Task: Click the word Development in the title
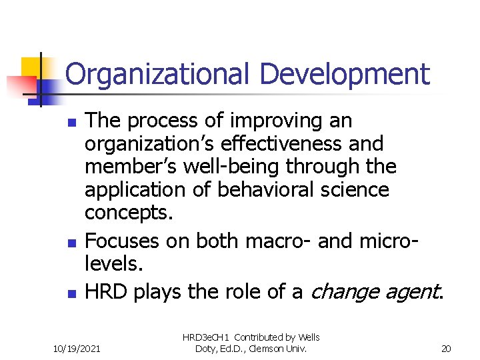pos(345,75)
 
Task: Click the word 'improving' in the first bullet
pos(268,121)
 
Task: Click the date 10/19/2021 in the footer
pos(77,349)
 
